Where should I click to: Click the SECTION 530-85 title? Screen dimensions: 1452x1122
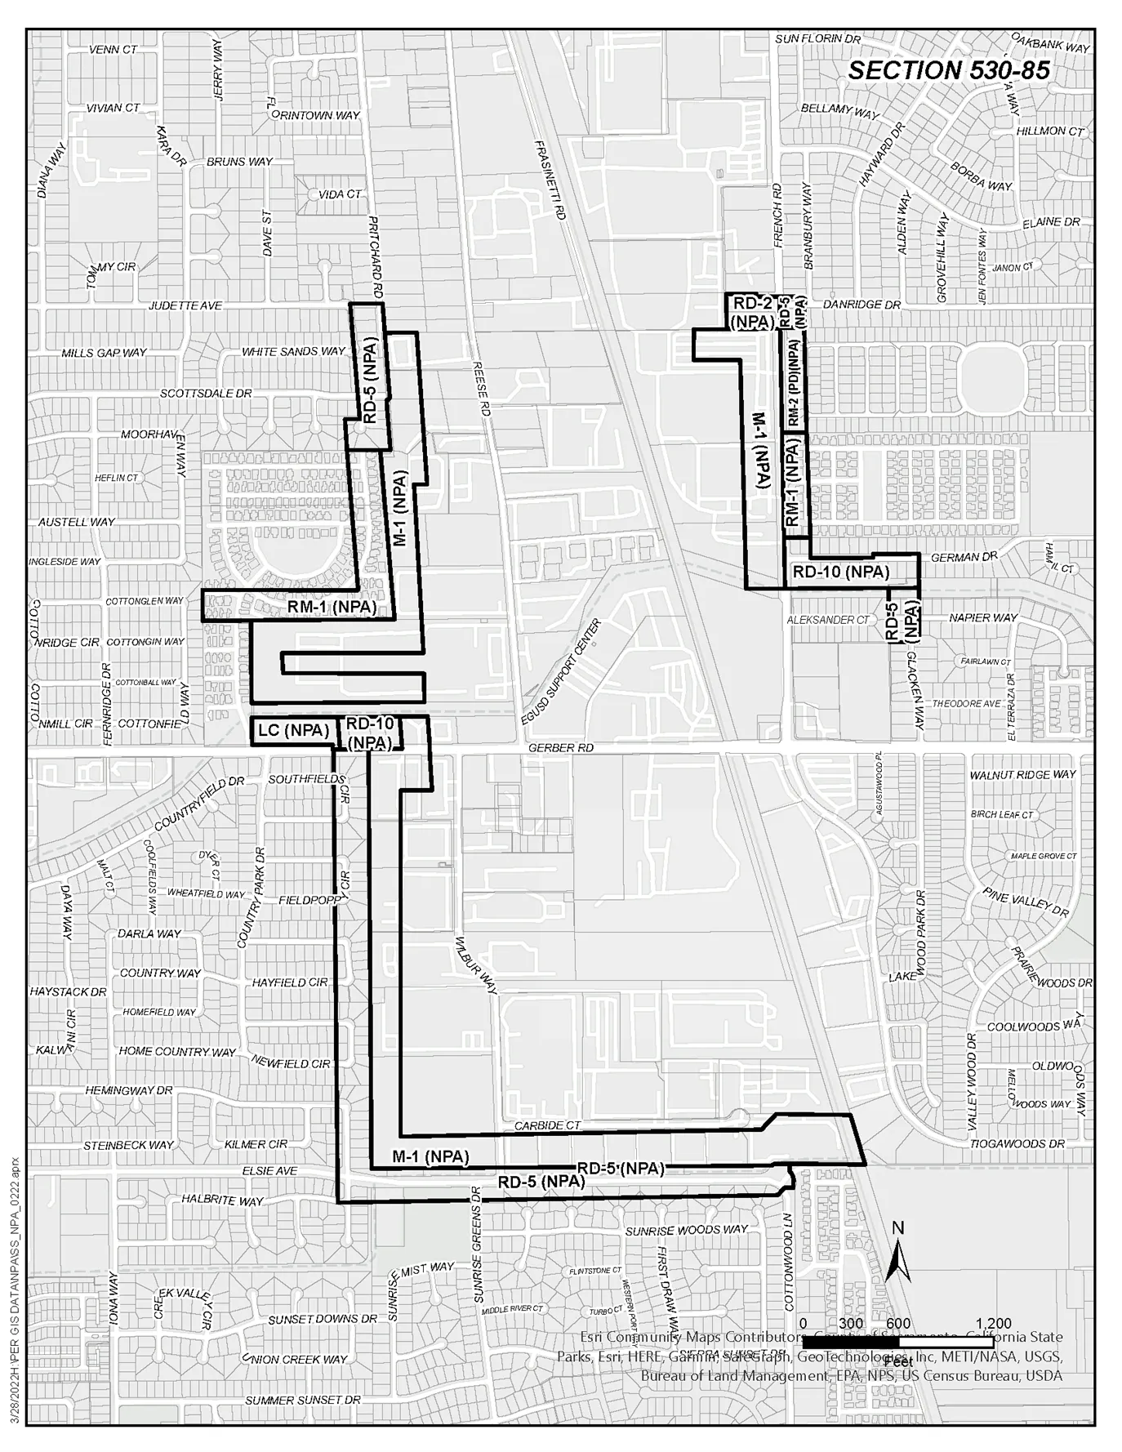(x=948, y=71)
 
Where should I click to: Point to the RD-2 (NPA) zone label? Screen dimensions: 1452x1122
(x=751, y=314)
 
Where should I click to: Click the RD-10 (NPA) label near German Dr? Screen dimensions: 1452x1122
(x=840, y=572)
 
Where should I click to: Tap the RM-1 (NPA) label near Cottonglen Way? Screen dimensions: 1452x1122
(x=332, y=608)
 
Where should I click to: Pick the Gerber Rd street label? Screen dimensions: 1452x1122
(x=561, y=748)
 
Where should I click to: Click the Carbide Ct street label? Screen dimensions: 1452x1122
(x=547, y=1125)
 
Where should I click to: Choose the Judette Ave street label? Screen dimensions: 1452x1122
(x=185, y=305)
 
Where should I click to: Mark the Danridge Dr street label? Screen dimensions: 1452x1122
(x=862, y=305)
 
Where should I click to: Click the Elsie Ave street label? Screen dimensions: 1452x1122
(x=269, y=1170)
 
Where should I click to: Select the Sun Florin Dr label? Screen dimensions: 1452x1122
(x=817, y=38)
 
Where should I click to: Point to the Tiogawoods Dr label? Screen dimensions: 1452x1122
(x=1017, y=1144)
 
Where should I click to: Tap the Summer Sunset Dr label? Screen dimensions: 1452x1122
(x=302, y=1400)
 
